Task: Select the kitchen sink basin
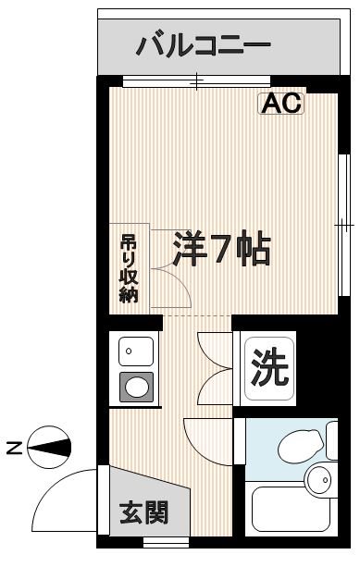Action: [135, 351]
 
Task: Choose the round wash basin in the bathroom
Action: [319, 479]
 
